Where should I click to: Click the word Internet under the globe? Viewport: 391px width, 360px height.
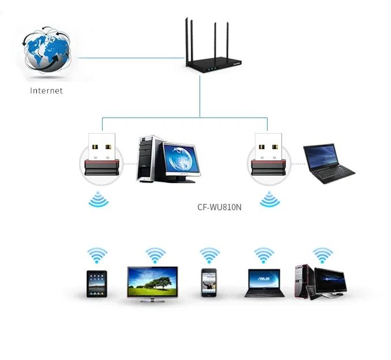coord(46,90)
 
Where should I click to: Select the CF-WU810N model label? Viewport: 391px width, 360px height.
coord(219,206)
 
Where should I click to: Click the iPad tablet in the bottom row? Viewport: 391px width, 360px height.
coord(97,283)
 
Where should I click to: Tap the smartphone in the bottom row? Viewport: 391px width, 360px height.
coord(208,283)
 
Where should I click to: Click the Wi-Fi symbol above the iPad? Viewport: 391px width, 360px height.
coord(97,255)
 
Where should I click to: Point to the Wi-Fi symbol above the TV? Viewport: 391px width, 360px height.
coord(155,255)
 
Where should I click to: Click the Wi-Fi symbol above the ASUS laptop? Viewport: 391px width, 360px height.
coord(264,255)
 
